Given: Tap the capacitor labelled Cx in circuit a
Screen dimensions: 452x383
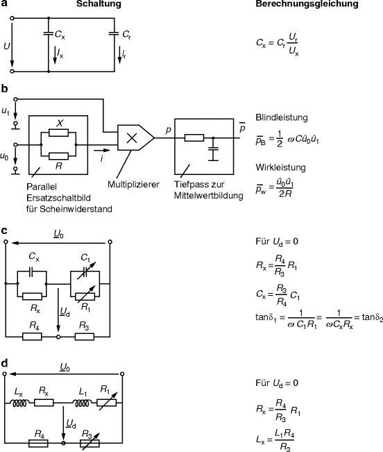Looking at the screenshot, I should coord(49,32).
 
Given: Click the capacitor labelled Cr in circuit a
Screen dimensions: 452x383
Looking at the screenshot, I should coord(114,32).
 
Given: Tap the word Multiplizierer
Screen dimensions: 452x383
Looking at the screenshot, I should coord(134,185).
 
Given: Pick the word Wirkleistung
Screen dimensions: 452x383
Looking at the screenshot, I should coord(276,167).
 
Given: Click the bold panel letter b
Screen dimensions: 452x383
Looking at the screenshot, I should coord(5,88).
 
